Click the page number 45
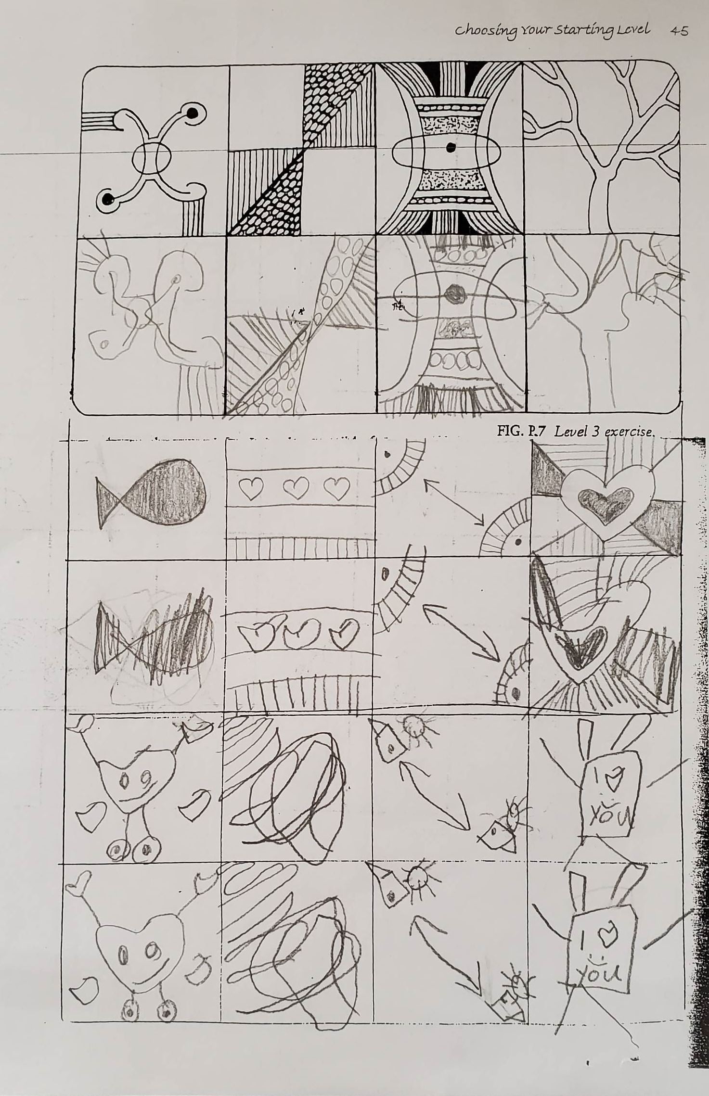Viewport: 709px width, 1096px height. tap(678, 31)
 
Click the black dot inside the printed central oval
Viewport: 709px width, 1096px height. tap(450, 147)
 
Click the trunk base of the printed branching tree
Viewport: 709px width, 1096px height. tap(599, 224)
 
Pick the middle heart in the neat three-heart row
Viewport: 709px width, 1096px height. tap(295, 489)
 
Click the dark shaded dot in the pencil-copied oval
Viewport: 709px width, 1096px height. tap(453, 293)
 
